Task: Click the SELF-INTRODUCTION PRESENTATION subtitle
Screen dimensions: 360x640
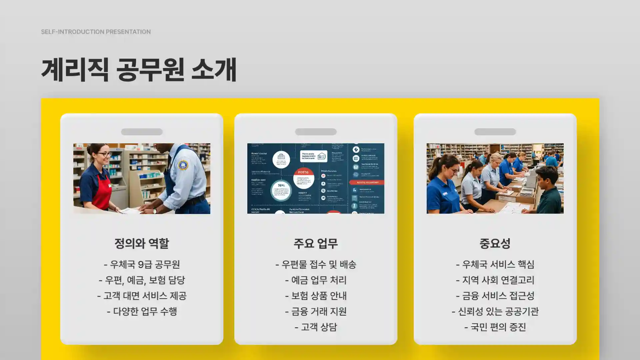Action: coord(96,32)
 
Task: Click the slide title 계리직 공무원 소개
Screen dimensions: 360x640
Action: coord(139,70)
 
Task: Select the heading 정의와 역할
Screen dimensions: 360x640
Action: coord(142,243)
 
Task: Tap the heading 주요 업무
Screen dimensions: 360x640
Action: coord(316,243)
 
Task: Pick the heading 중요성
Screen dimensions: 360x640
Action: coord(495,243)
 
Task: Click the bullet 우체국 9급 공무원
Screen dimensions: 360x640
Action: coord(142,264)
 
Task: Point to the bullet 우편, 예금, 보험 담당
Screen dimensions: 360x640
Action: coord(142,280)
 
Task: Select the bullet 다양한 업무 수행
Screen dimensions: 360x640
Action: coord(142,311)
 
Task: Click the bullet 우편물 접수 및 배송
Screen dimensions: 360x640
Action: coord(316,264)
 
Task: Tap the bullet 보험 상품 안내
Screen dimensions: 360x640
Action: coord(316,296)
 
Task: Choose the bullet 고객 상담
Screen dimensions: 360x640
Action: coord(316,327)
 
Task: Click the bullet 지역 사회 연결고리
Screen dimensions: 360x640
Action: coord(495,280)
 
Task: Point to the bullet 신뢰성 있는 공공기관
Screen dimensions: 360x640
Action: coord(495,311)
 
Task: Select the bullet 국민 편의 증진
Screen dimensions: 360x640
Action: coord(495,327)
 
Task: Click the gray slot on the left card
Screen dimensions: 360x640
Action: coord(142,132)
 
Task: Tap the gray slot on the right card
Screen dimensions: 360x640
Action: coord(495,132)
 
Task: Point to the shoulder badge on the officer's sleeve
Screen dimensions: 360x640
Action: coord(183,165)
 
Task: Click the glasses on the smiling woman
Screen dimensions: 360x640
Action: coord(104,154)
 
